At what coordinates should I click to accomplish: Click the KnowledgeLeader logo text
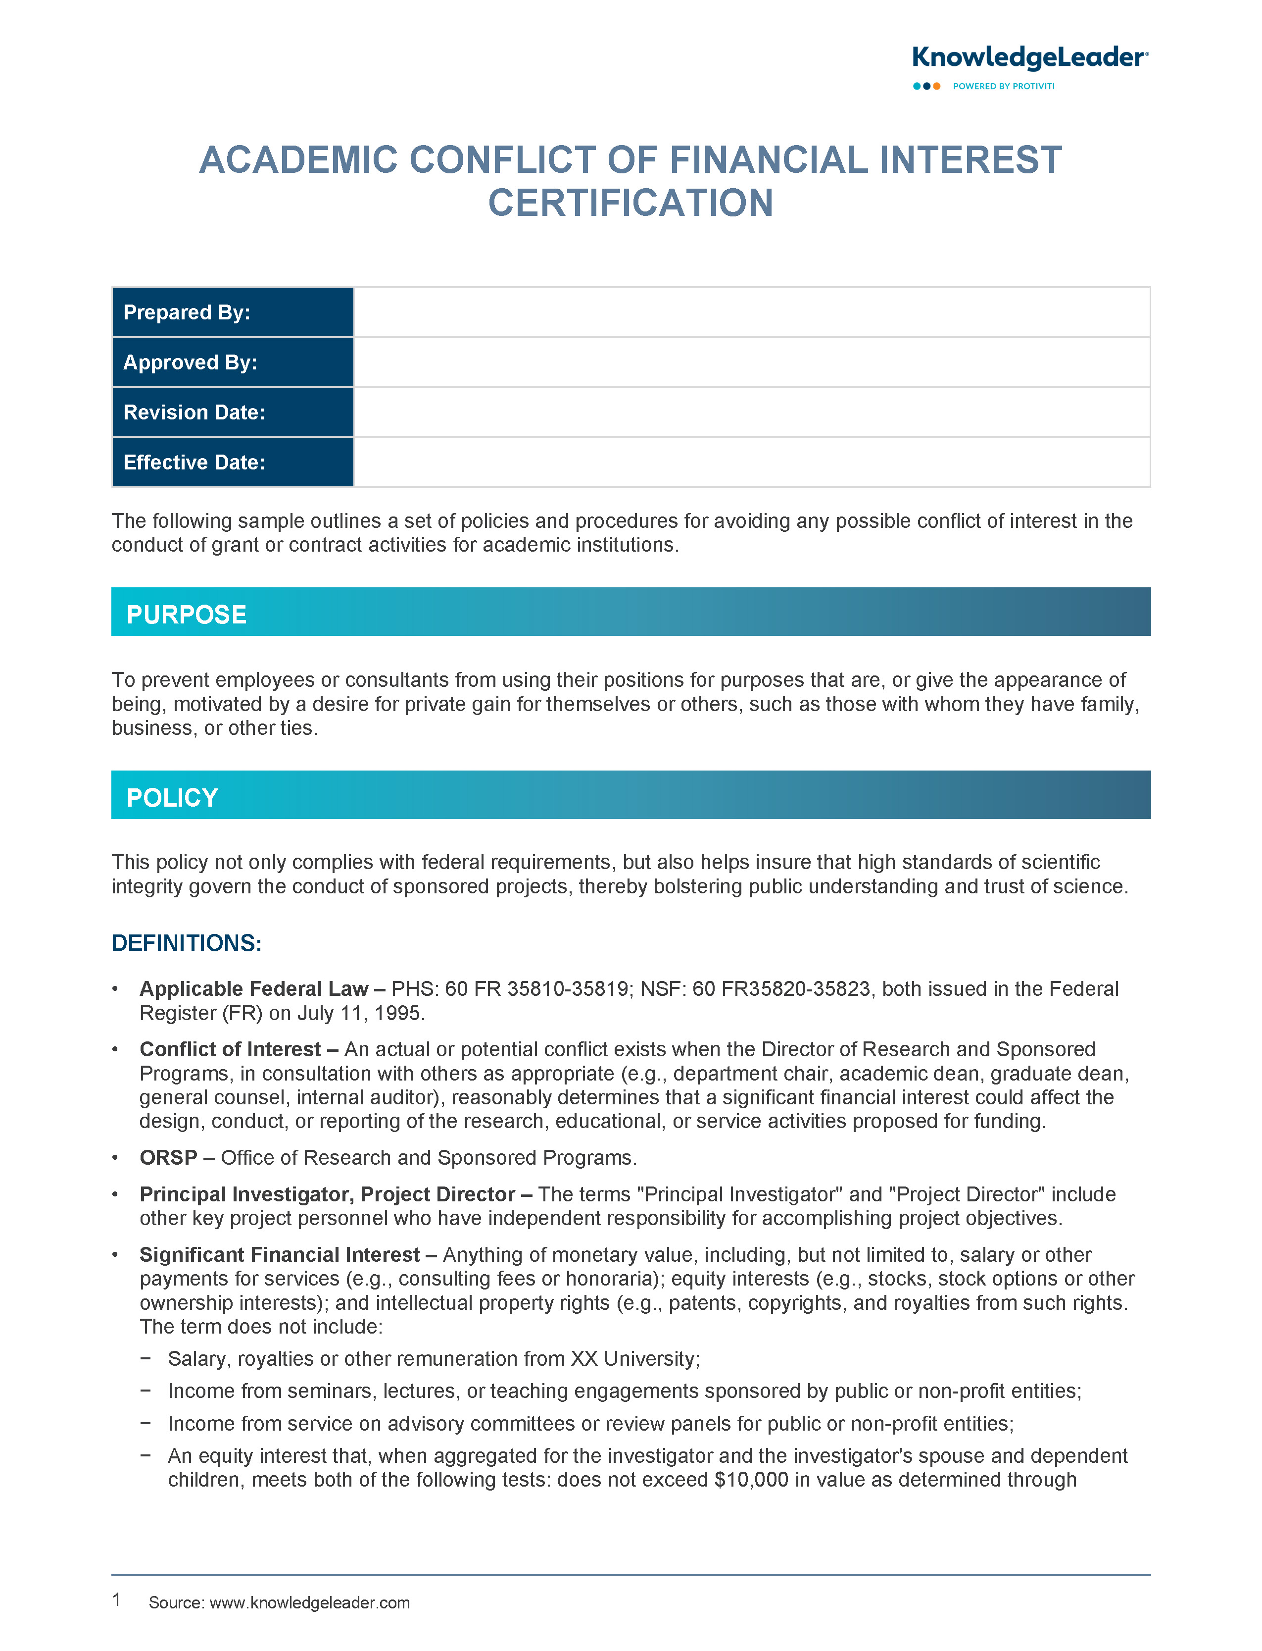[1029, 58]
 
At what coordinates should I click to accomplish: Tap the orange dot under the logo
[937, 87]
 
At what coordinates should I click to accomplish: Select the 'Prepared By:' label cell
[232, 312]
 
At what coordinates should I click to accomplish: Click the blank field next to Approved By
[751, 362]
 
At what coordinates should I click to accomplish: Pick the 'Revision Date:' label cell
[232, 413]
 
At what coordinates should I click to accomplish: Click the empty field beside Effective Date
[751, 462]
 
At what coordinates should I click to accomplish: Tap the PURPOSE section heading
[186, 615]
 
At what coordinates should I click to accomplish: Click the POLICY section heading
[172, 797]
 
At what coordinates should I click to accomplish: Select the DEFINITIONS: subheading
[186, 943]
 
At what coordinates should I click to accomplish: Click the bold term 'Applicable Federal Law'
[253, 989]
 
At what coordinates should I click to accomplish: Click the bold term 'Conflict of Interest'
[230, 1049]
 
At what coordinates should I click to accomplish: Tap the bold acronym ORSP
[168, 1157]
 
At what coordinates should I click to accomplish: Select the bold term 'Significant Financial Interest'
[280, 1254]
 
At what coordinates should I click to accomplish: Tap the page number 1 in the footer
[116, 1599]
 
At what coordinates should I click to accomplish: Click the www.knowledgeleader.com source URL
[309, 1602]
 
